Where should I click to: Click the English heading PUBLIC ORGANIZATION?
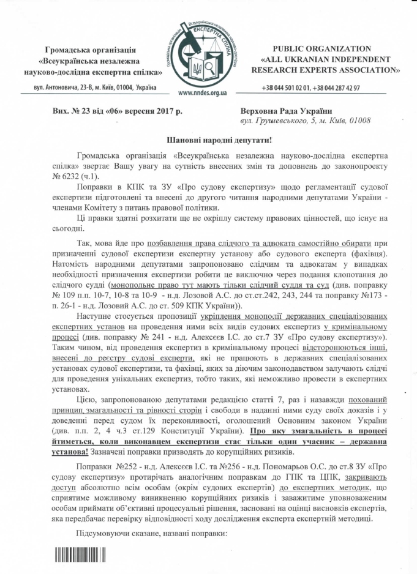click(322, 48)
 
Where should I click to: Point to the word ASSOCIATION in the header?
click(361, 70)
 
